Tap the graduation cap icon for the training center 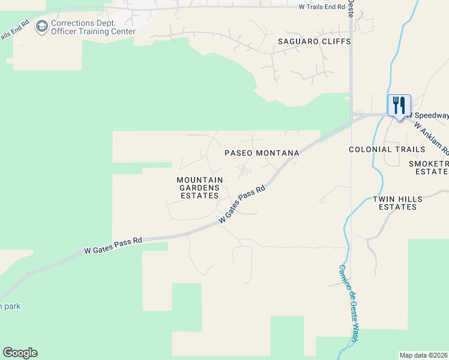point(42,26)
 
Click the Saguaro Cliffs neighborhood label point(305,41)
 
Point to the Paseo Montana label point(262,153)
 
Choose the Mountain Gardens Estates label point(200,187)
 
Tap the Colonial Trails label point(378,149)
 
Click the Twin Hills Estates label point(394,203)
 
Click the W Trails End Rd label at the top point(322,7)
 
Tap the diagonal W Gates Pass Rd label point(242,205)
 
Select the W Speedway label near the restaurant point(428,115)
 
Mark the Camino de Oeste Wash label point(350,303)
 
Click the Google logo point(20,353)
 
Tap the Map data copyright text point(424,355)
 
